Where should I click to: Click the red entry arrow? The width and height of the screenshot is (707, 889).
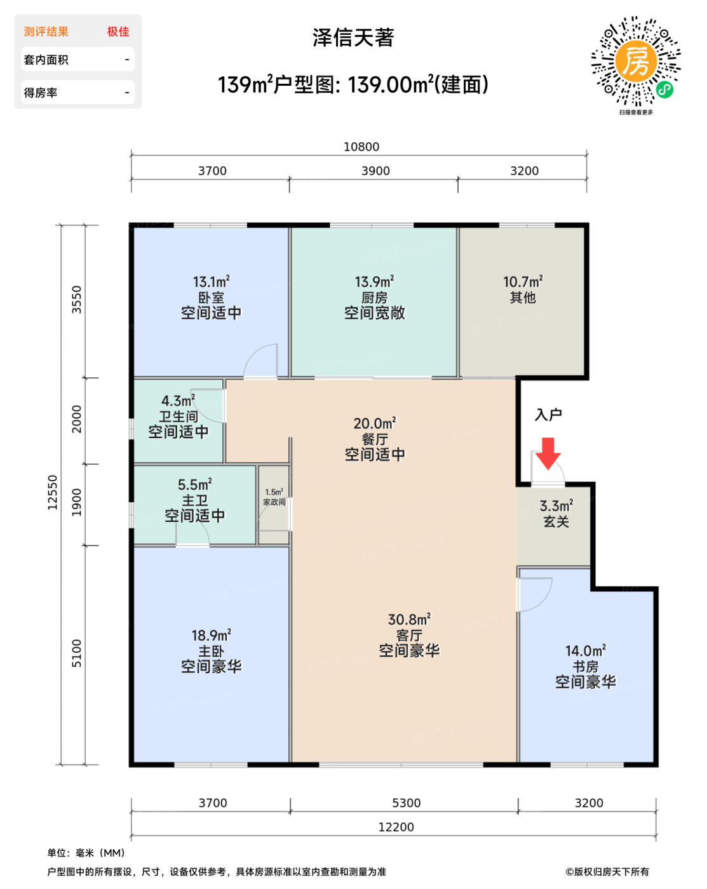[548, 453]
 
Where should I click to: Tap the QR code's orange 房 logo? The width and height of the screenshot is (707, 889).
[635, 61]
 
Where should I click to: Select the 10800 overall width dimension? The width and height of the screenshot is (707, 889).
[361, 147]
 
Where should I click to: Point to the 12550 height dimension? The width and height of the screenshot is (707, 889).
[53, 492]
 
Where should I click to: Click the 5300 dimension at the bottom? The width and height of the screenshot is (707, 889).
[406, 803]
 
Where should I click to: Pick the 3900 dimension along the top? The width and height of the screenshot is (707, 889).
[375, 171]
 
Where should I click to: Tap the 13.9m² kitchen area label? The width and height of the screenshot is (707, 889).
[374, 282]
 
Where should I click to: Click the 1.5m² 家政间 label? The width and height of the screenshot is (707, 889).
[274, 497]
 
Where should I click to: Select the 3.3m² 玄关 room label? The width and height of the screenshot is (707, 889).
[556, 514]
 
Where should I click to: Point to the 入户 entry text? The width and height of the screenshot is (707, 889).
[548, 415]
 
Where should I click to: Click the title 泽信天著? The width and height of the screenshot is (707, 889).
[353, 37]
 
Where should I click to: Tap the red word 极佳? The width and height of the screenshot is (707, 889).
[118, 32]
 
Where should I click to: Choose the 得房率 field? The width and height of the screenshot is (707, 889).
[77, 93]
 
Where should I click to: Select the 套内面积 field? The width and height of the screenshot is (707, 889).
[77, 60]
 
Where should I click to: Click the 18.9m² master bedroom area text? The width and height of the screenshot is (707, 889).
[211, 636]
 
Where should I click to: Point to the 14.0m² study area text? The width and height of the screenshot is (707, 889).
[585, 651]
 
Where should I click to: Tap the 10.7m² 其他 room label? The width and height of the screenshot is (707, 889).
[523, 290]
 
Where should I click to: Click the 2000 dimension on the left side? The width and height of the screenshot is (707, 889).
[77, 419]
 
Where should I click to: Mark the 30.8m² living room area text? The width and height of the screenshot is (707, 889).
[409, 620]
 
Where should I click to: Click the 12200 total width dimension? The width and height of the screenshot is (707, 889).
[396, 827]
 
